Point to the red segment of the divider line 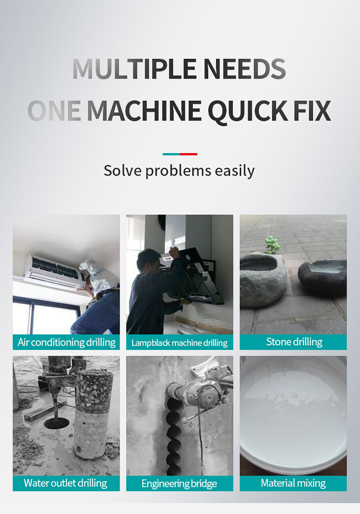(189, 154)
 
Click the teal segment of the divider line (171, 154)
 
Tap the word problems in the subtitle (178, 171)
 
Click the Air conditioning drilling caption (67, 342)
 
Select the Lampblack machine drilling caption (179, 343)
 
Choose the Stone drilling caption (294, 342)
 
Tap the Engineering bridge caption (179, 483)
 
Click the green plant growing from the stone (273, 245)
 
